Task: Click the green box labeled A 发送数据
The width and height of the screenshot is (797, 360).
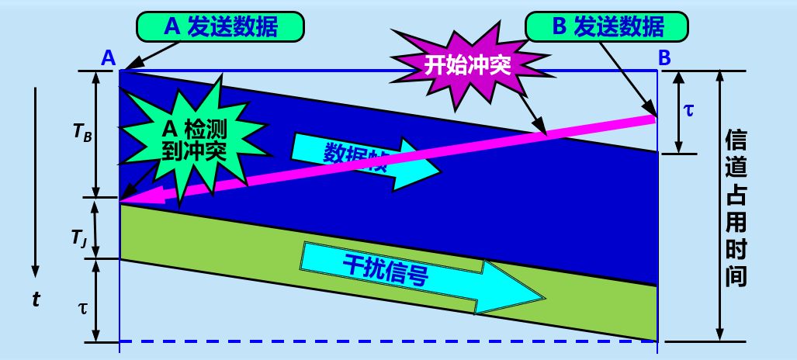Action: (x=220, y=26)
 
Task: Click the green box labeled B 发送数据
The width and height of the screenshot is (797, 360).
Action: (x=607, y=26)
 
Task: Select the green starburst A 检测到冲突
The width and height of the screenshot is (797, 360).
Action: (x=192, y=140)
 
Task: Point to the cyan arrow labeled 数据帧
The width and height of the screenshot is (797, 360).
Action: (x=365, y=160)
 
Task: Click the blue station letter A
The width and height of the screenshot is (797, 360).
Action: (x=109, y=57)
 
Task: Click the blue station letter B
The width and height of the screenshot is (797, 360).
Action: (x=664, y=57)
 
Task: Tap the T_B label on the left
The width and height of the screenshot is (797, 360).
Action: (x=82, y=132)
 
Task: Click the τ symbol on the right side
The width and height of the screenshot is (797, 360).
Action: (x=689, y=109)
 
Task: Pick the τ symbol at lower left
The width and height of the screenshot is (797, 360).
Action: (x=83, y=306)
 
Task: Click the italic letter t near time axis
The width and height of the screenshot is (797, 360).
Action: (x=36, y=299)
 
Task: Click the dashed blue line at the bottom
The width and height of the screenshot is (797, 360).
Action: (x=388, y=341)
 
